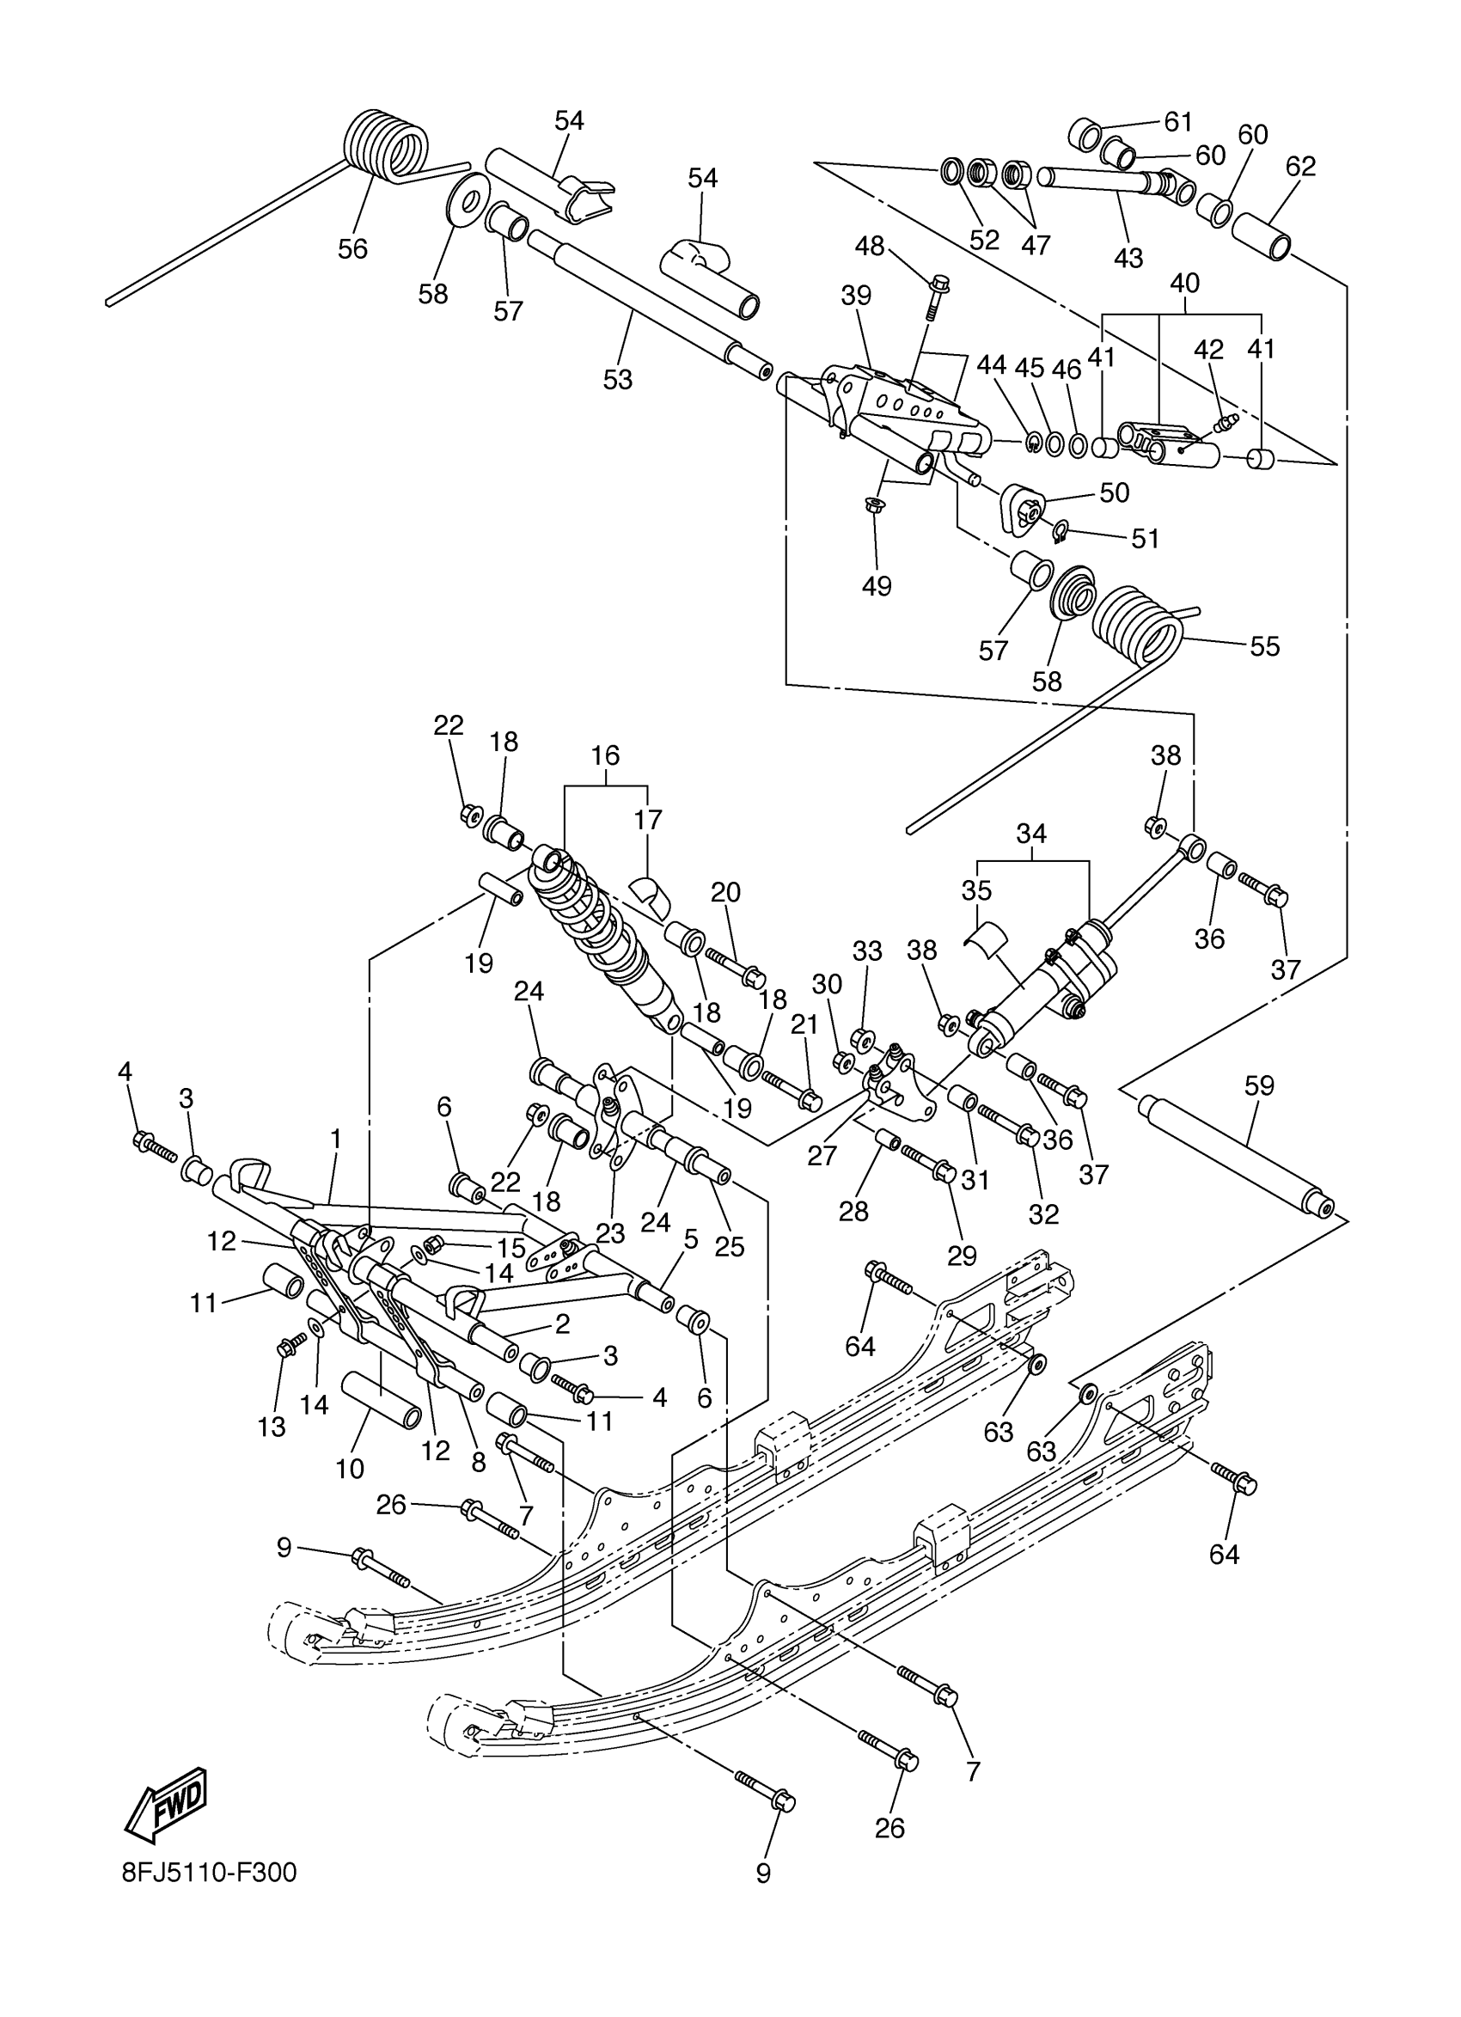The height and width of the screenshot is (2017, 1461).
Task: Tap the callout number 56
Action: coord(353,249)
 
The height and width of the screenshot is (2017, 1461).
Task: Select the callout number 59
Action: coord(1259,1086)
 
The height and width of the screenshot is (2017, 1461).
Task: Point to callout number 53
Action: coord(617,380)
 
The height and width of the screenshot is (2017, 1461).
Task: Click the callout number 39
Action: coord(855,296)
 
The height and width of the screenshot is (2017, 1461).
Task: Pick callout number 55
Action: coord(1264,646)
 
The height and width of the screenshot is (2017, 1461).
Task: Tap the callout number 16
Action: coord(605,756)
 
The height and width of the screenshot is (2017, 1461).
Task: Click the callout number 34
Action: coord(1031,834)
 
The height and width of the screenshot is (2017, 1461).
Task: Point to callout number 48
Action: coord(870,247)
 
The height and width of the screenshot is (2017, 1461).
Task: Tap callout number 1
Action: coord(336,1139)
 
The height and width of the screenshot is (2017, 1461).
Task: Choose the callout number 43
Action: coord(1128,258)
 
